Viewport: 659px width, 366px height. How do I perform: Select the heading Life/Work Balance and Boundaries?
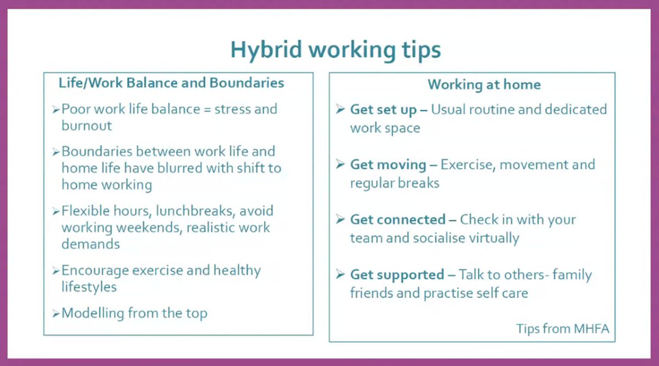pyautogui.click(x=171, y=83)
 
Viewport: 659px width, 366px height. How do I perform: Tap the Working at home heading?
pyautogui.click(x=484, y=85)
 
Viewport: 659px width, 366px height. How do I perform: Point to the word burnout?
pyautogui.click(x=87, y=126)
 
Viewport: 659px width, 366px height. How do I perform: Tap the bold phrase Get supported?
pyautogui.click(x=397, y=274)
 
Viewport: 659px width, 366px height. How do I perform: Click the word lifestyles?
pyautogui.click(x=89, y=287)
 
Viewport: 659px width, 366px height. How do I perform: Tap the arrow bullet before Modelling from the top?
pyautogui.click(x=55, y=314)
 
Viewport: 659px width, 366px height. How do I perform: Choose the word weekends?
pyautogui.click(x=148, y=227)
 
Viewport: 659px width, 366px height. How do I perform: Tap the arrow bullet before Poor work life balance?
pyautogui.click(x=55, y=110)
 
